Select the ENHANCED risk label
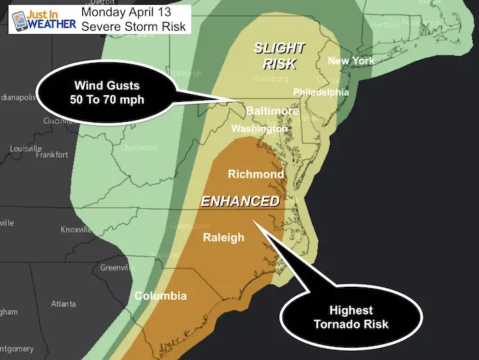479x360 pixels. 239,201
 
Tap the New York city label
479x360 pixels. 352,62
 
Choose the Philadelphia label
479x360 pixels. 321,92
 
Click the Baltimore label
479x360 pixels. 273,111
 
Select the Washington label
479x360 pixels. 259,129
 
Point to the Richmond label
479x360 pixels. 256,175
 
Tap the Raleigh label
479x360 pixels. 224,237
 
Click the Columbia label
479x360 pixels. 160,296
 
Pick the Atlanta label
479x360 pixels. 63,303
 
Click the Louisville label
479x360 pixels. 25,149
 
